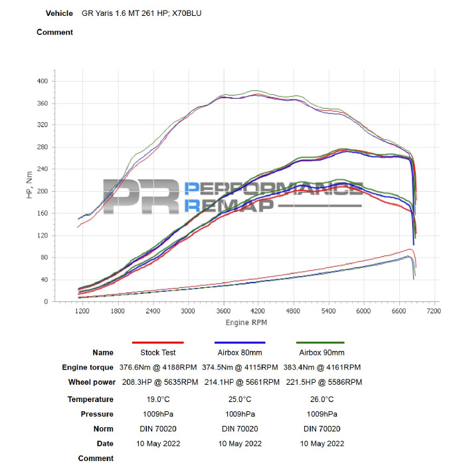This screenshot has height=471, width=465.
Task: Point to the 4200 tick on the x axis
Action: coord(258,310)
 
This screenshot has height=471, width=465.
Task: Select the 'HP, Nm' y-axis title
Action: coord(29,188)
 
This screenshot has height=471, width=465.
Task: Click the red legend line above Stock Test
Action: coord(158,342)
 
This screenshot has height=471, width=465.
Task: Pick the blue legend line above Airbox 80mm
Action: coord(240,342)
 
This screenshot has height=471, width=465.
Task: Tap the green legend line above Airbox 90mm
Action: coord(322,342)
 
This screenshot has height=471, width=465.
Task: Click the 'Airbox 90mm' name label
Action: coord(322,352)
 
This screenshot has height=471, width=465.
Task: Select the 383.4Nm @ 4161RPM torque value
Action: coord(322,368)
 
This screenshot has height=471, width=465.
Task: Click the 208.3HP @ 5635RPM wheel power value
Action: coord(158,383)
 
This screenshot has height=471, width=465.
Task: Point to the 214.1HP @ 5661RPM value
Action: coord(240,383)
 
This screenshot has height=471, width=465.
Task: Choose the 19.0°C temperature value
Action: coord(158,399)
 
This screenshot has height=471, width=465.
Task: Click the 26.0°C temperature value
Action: coord(322,399)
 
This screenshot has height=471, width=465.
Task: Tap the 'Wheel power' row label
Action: coord(90,383)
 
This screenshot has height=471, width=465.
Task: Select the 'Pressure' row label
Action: coord(98,414)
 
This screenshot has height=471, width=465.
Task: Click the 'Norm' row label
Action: coord(103,429)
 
